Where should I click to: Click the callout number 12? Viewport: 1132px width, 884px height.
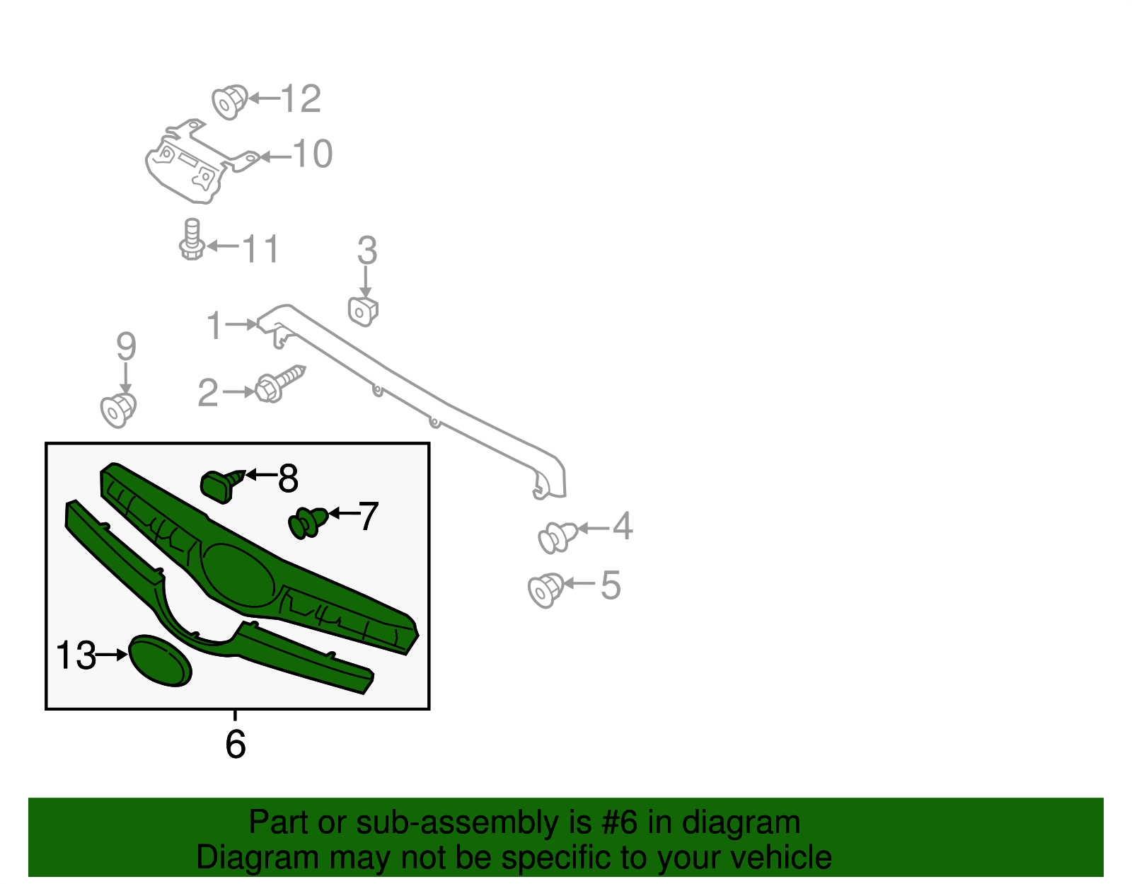pos(301,98)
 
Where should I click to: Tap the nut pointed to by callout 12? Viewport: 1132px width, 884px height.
pos(230,102)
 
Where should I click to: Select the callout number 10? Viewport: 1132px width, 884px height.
pos(313,154)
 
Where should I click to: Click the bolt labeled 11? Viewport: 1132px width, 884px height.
pos(192,239)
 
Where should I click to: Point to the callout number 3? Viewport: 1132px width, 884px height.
pos(366,251)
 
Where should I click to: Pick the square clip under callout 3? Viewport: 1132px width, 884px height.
pos(363,311)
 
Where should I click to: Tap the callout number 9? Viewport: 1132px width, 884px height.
pos(126,346)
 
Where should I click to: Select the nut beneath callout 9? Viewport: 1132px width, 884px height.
pos(118,411)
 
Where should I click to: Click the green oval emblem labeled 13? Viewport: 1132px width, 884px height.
pos(160,660)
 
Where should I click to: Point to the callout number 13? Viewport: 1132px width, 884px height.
pos(76,655)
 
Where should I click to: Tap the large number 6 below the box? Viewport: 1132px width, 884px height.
pos(236,744)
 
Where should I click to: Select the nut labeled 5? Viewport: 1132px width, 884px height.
pos(546,590)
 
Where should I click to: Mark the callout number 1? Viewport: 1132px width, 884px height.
pos(215,325)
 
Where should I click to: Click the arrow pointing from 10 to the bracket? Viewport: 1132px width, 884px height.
pos(276,157)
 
